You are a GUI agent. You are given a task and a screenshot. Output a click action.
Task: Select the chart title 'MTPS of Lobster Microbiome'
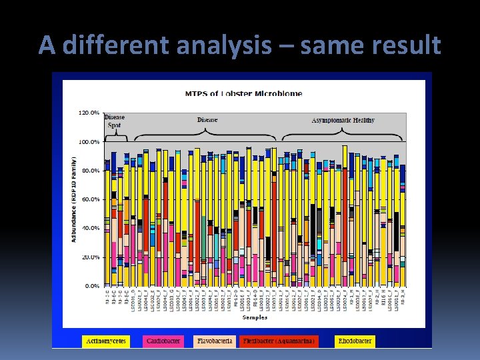[x=243, y=93]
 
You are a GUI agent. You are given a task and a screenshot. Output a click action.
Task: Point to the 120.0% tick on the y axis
[x=89, y=113]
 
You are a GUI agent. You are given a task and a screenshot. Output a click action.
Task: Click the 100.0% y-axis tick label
[x=89, y=142]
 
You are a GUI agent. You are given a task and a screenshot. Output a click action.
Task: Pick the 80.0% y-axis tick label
[x=91, y=171]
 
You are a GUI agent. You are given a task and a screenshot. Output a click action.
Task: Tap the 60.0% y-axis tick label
[x=91, y=199]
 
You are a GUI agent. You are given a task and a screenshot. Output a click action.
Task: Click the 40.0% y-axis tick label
[x=91, y=228]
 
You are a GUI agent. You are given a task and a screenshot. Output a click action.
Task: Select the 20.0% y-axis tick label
[x=91, y=257]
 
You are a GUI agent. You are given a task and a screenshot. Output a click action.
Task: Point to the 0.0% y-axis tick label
[x=92, y=285]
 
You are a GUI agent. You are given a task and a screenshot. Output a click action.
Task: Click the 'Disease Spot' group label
[x=114, y=121]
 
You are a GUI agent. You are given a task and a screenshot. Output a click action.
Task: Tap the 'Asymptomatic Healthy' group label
[x=343, y=120]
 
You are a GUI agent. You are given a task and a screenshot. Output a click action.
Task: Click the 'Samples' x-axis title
[x=255, y=317]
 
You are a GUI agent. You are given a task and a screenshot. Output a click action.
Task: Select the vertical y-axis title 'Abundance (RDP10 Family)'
[x=74, y=199]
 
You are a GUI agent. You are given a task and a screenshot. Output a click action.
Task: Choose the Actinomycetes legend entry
[x=105, y=341]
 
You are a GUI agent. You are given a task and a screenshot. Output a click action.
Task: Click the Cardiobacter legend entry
[x=163, y=341]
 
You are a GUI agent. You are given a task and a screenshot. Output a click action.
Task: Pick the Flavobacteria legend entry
[x=215, y=341]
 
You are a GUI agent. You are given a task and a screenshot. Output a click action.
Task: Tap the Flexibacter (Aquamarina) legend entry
[x=279, y=341]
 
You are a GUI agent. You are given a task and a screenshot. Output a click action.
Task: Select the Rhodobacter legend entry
[x=355, y=341]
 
